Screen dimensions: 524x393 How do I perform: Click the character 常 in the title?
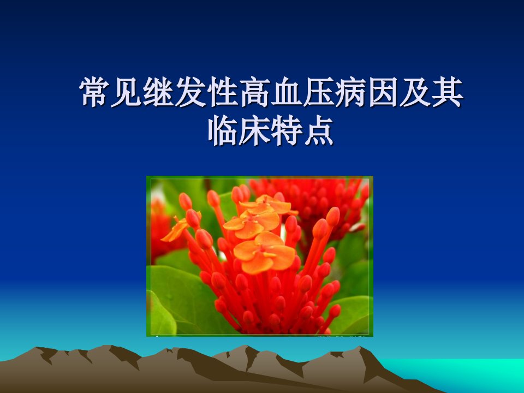94,92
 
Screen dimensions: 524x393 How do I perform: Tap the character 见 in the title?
126,92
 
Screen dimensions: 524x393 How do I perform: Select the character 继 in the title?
158,92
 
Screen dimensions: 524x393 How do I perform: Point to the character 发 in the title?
190,92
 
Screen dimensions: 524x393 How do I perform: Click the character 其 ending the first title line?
447,92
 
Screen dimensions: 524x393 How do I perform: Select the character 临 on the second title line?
223,130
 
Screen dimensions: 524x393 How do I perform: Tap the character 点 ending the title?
319,130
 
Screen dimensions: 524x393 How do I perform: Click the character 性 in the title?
223,92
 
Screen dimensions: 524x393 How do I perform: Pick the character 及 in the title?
415,92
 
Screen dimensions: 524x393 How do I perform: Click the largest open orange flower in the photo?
264,252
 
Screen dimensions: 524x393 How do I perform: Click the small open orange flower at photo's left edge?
177,229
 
